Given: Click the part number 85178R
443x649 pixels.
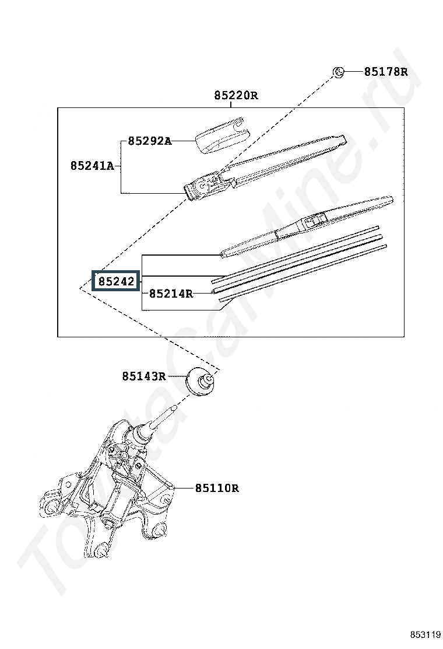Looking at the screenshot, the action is point(385,72).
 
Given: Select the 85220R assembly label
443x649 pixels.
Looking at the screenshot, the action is point(236,96).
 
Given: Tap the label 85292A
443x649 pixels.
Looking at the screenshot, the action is point(149,141).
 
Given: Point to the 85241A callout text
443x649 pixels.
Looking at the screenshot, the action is point(92,166).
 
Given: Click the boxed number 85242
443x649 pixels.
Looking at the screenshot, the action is point(116,281).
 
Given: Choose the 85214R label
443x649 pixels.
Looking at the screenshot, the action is point(171,294).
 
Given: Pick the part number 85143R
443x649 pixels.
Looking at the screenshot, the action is point(144,376).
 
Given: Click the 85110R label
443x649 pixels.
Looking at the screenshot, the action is point(217,489).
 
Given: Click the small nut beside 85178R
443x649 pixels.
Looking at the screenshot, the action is point(338,72).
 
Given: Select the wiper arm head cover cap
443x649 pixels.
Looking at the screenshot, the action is point(222,134).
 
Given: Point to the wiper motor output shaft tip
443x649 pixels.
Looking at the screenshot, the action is point(174,408).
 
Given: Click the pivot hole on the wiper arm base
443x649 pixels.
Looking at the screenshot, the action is point(201,186).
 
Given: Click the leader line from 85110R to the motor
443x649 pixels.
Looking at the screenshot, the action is point(184,489).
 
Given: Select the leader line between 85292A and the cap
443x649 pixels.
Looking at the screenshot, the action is point(183,141).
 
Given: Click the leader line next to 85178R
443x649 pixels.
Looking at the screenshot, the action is point(353,72).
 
